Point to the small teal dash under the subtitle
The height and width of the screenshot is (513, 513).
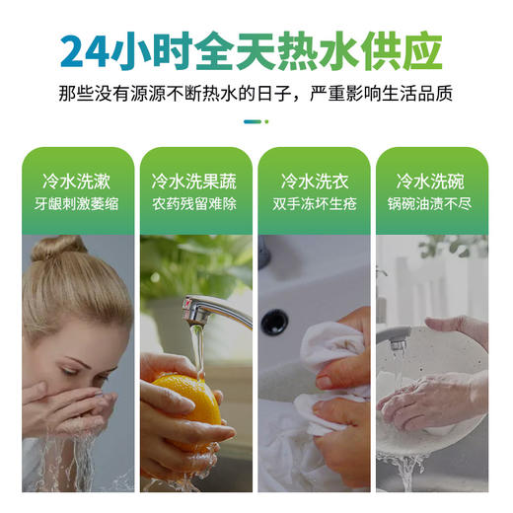(x=252, y=121)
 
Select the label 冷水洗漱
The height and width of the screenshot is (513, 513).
(x=76, y=182)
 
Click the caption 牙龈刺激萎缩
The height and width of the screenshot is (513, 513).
(x=76, y=207)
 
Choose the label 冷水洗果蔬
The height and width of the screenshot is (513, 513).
(x=195, y=182)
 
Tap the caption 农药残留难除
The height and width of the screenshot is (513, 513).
(x=195, y=207)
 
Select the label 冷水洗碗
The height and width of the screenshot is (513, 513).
(x=432, y=182)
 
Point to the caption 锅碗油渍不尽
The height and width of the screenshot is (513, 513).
(x=432, y=207)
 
